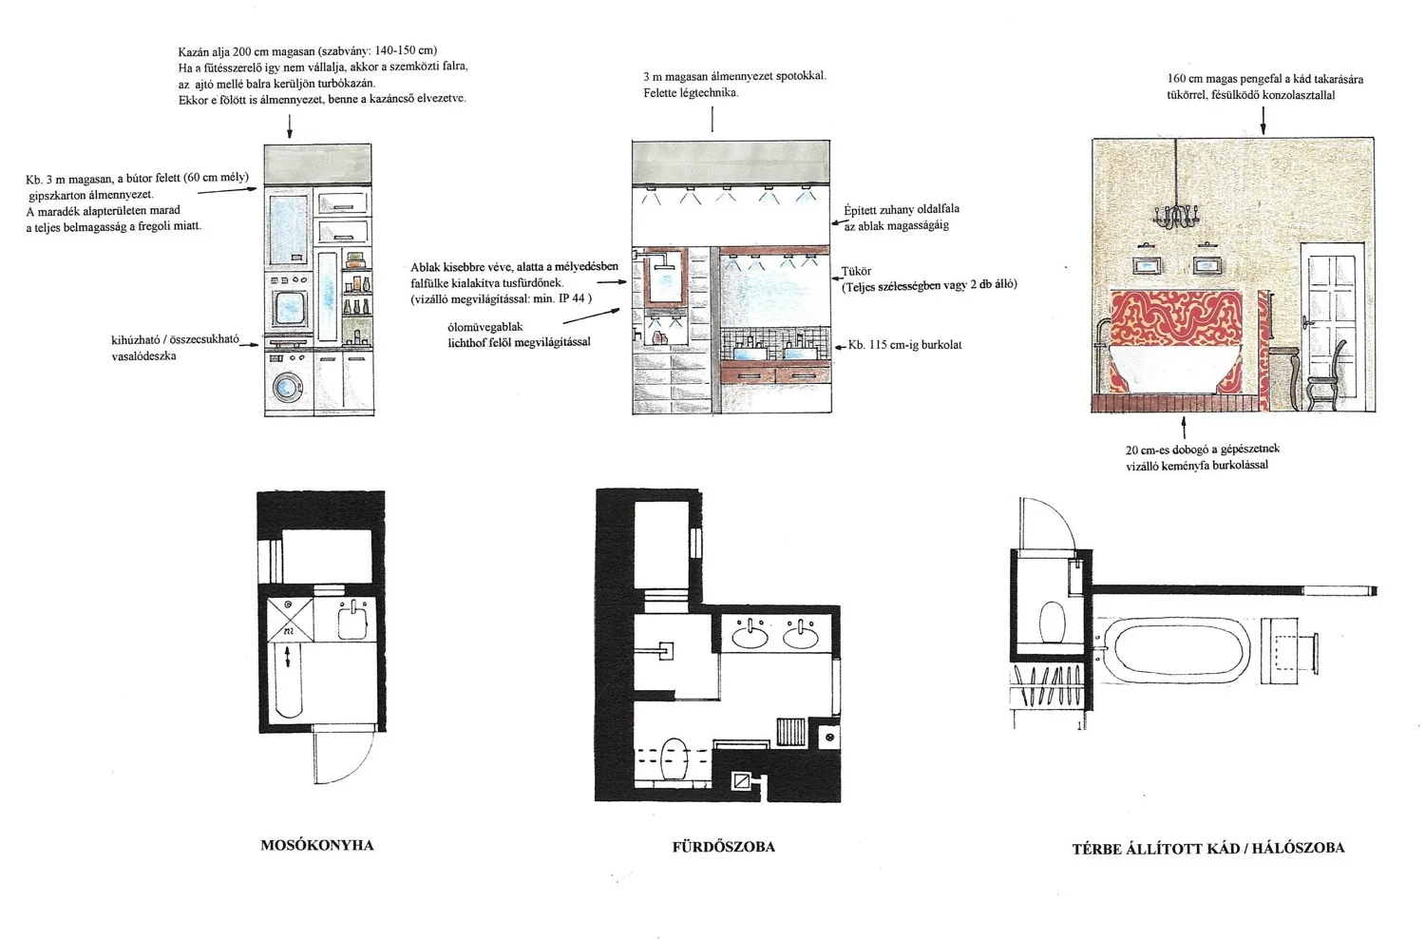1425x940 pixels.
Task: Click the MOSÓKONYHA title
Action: pyautogui.click(x=316, y=846)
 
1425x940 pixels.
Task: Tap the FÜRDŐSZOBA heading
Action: pyautogui.click(x=723, y=847)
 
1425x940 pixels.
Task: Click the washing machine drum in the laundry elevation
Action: pyautogui.click(x=288, y=386)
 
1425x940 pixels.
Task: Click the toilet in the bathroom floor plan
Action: pyautogui.click(x=674, y=758)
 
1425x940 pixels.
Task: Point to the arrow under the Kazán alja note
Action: pyautogui.click(x=290, y=126)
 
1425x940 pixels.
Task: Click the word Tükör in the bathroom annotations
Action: pyautogui.click(x=856, y=271)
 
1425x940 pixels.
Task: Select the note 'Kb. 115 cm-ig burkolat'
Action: pyautogui.click(x=904, y=345)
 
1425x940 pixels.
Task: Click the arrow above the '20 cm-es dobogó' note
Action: pyautogui.click(x=1184, y=428)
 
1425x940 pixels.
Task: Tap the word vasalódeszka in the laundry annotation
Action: pyautogui.click(x=143, y=355)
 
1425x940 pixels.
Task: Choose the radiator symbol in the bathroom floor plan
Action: pyautogui.click(x=791, y=732)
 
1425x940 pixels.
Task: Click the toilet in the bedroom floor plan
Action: pyautogui.click(x=1052, y=622)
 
